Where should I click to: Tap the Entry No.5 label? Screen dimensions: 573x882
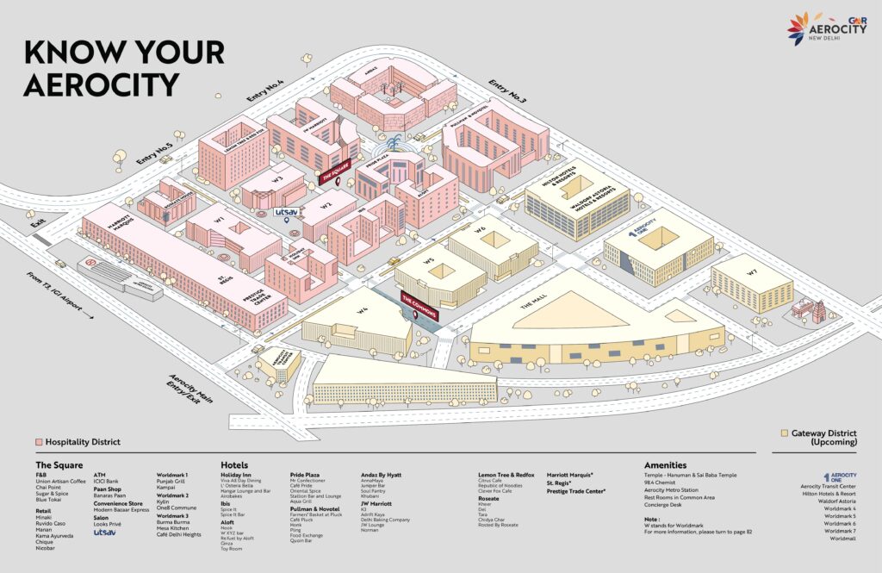coord(154,151)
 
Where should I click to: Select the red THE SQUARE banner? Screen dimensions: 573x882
coord(336,173)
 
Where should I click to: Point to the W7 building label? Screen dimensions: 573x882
coord(752,273)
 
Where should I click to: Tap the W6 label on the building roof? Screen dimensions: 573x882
coord(480,228)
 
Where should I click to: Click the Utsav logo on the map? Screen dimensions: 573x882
coord(285,210)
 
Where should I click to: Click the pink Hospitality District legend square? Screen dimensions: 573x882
coord(38,442)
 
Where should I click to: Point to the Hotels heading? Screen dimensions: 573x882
coord(234,464)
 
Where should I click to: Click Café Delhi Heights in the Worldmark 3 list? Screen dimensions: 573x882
coord(180,535)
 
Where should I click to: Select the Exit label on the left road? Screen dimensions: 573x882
coord(37,223)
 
